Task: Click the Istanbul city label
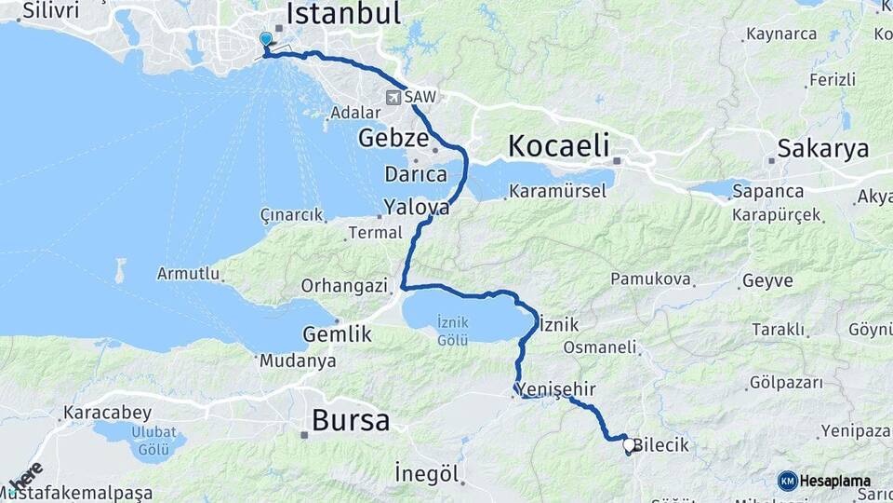tap(344, 13)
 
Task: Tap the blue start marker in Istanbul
tap(266, 40)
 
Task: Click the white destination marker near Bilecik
tap(629, 446)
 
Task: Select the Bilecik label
tap(660, 445)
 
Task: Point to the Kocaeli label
tap(558, 145)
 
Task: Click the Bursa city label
tap(351, 420)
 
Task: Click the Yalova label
tap(416, 208)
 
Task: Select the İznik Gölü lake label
tap(452, 330)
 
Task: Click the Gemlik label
tap(337, 334)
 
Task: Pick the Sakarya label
tap(822, 148)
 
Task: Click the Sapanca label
tap(768, 191)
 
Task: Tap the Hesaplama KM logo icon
tap(787, 481)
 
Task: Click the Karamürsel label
tap(557, 191)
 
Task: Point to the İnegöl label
tap(427, 472)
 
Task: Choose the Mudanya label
tap(298, 360)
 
